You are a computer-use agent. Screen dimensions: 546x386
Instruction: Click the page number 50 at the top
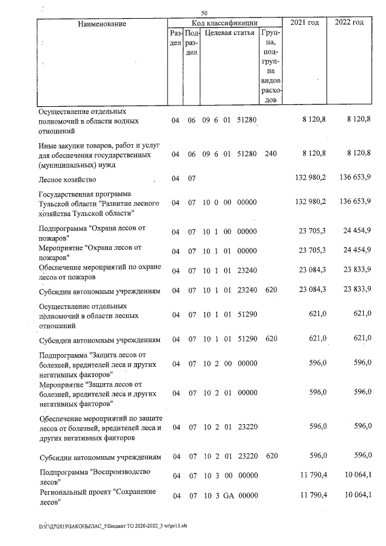(x=205, y=13)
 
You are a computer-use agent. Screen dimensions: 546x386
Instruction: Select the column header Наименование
(x=102, y=24)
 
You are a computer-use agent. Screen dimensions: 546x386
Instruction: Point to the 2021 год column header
(x=305, y=22)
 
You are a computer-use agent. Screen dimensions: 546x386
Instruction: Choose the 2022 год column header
(x=349, y=22)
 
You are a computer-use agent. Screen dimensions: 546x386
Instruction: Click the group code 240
(x=271, y=154)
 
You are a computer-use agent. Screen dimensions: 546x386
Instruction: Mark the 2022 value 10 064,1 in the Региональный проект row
(x=354, y=495)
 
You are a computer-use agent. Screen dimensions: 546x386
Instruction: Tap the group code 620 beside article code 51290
(x=271, y=339)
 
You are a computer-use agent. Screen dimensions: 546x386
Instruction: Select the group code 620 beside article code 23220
(x=271, y=456)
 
